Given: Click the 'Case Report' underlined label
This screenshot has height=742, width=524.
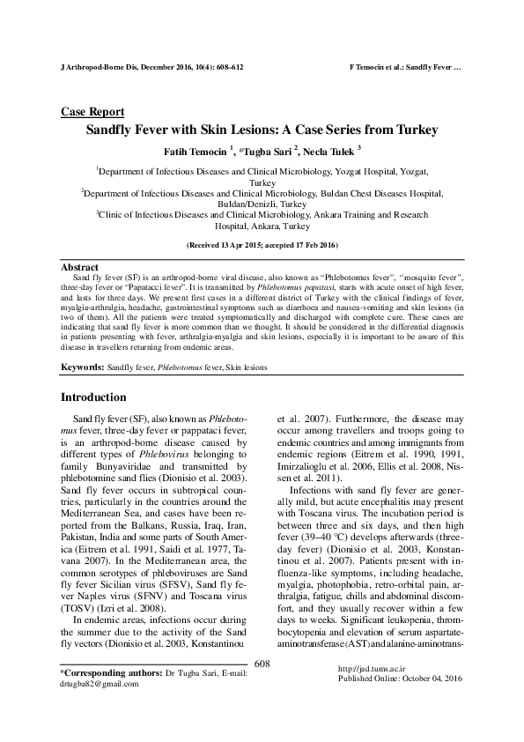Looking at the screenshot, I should tap(92, 112).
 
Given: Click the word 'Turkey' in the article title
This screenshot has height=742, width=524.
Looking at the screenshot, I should tap(413, 130).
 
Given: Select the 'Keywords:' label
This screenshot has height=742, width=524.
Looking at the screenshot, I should tap(81, 365).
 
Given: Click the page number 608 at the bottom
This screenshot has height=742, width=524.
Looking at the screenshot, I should tap(262, 687).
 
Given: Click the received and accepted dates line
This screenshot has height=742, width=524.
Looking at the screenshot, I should tap(262, 243).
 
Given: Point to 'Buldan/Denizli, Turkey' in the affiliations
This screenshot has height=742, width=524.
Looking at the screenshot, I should tap(262, 202).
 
